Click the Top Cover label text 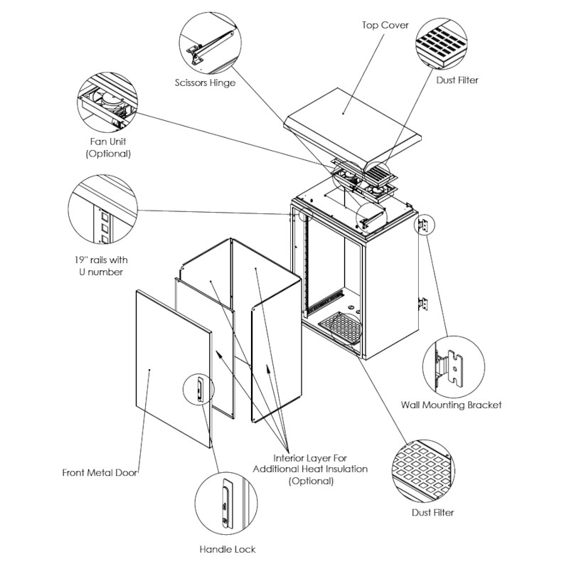point(385,26)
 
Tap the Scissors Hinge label point(205,83)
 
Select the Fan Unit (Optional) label point(108,147)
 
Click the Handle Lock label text point(227,549)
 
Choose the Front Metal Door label point(99,472)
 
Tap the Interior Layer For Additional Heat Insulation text point(320,469)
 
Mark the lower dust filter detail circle point(422,471)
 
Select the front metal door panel point(171,370)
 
